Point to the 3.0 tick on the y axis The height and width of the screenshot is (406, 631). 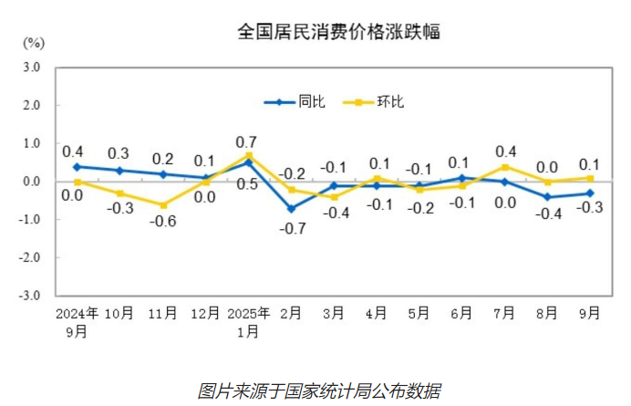pos(31,68)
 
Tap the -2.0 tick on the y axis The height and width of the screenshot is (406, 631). pos(29,258)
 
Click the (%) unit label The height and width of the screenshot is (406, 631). pos(33,43)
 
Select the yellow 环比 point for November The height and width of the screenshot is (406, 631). pos(163,205)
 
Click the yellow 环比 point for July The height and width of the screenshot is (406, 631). pos(503,167)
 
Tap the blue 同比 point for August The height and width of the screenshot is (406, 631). pos(547,197)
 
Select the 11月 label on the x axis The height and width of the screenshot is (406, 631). pos(162,313)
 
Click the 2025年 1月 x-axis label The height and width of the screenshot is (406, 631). pos(248,321)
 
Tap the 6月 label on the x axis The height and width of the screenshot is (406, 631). pos(462,313)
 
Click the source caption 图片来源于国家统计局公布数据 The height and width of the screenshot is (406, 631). pos(319,390)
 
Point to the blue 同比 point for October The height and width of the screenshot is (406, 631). pos(119,171)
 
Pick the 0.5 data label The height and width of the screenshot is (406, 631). pos(246,184)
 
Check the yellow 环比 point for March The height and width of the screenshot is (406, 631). pos(334,197)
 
